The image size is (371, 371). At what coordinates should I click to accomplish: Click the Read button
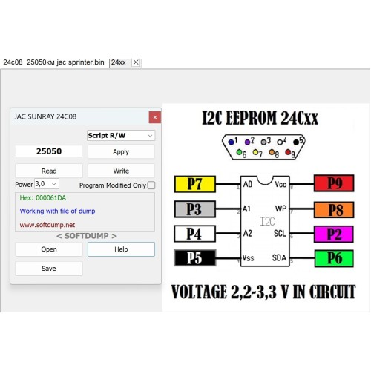click(49, 171)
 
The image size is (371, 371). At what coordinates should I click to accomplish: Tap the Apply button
click(121, 151)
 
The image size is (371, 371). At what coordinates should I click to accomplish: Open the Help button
click(121, 249)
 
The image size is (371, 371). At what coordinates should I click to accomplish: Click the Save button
click(49, 269)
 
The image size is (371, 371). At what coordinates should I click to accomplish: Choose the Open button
click(49, 249)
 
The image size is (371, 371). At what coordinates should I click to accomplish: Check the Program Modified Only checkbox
click(151, 185)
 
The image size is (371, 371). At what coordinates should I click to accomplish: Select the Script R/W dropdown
click(121, 135)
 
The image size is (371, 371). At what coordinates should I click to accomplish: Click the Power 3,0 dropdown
click(47, 184)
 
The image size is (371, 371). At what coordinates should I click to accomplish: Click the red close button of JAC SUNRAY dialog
click(155, 117)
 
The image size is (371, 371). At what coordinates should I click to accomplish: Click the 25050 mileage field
click(49, 151)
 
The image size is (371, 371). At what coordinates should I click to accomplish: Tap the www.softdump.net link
click(47, 225)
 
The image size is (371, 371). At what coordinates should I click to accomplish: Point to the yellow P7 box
click(195, 184)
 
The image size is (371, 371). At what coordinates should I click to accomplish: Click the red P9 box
click(334, 183)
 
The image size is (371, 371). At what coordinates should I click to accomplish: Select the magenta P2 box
click(334, 234)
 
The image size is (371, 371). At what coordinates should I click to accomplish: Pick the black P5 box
click(195, 257)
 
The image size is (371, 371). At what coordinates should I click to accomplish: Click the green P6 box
click(334, 258)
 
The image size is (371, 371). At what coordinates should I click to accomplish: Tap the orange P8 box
click(334, 210)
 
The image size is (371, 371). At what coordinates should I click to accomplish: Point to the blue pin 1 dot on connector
click(231, 142)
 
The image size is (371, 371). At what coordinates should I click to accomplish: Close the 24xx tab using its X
click(136, 62)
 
